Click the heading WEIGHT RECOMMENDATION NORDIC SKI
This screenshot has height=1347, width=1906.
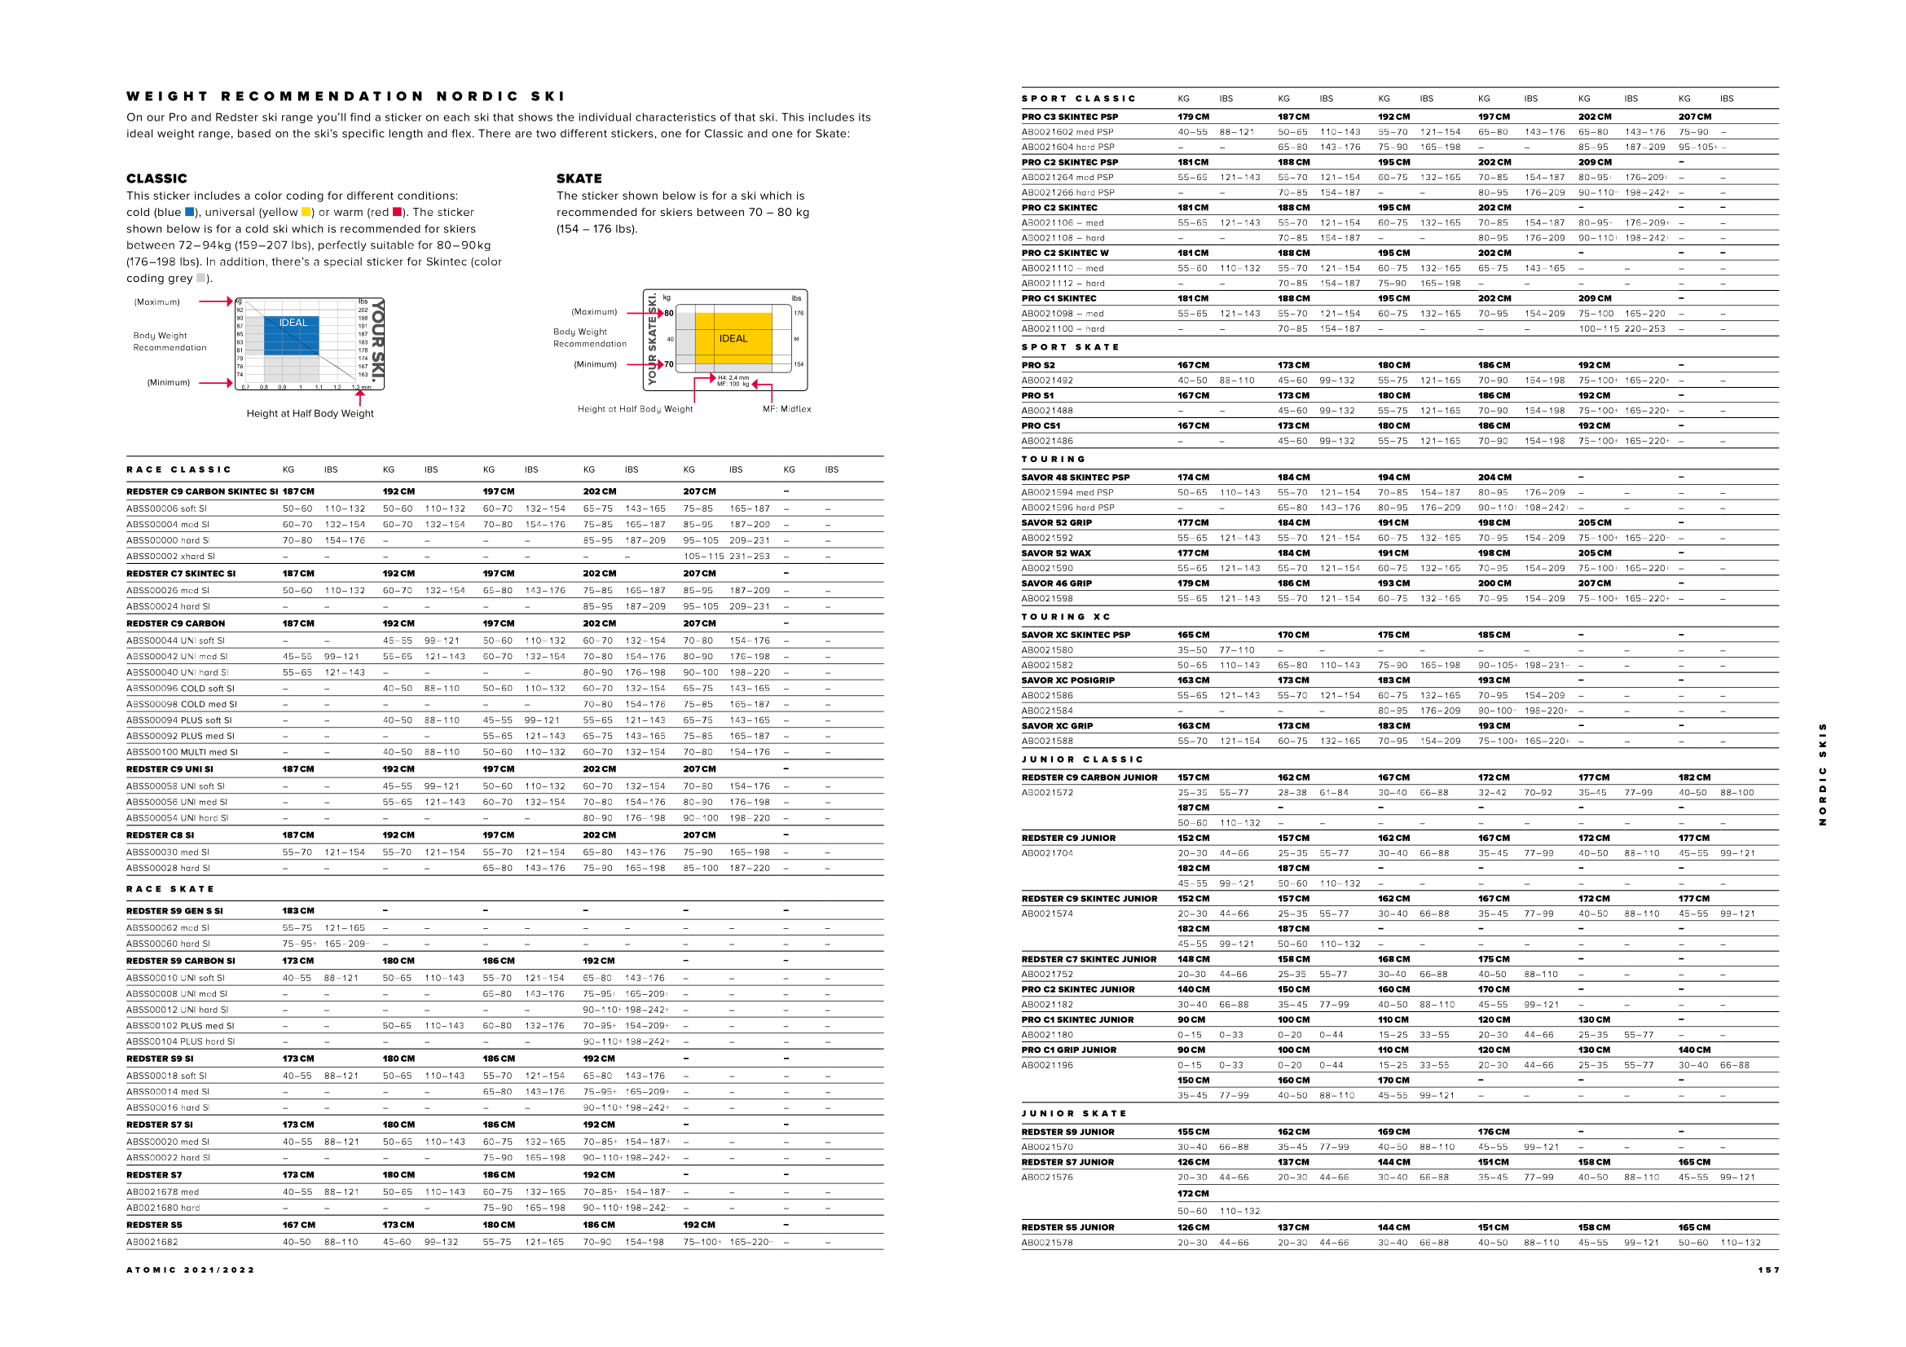coord(346,97)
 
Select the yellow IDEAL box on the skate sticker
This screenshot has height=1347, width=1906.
coord(733,338)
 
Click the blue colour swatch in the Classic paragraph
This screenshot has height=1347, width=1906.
coord(189,213)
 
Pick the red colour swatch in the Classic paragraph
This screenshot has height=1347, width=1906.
coord(397,213)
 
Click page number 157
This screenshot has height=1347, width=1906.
coord(1768,1270)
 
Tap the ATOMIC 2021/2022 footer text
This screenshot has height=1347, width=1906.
coord(190,1270)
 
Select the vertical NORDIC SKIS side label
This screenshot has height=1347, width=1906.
coord(1822,773)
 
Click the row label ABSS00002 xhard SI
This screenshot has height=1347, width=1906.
coord(170,556)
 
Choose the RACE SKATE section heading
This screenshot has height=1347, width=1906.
coord(170,889)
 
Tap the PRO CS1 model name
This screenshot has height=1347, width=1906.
coord(1040,425)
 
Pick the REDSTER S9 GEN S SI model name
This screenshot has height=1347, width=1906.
coord(174,911)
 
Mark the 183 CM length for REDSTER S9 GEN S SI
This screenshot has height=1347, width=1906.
coord(298,911)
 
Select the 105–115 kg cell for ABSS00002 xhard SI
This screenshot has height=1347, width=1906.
coord(702,556)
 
